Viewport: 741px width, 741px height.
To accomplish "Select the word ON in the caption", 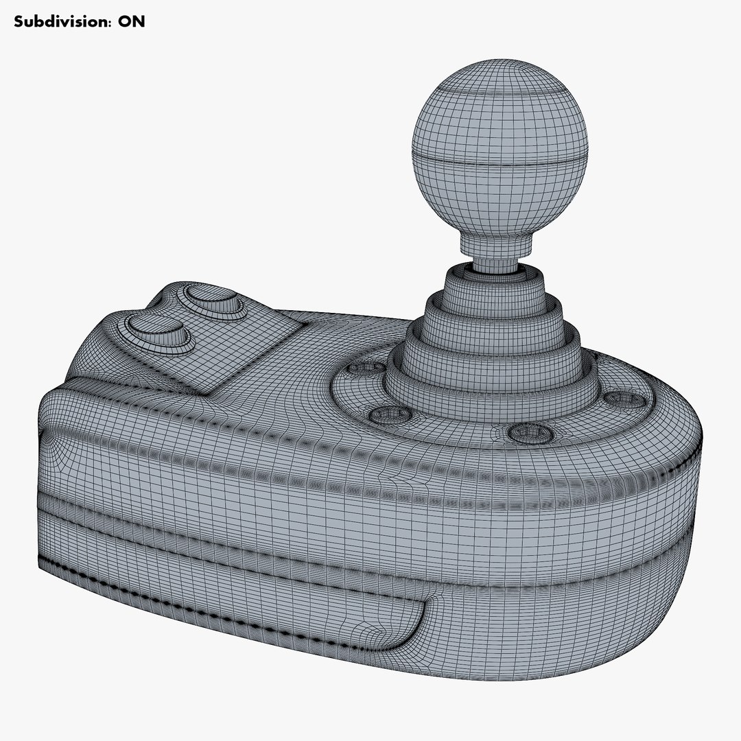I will click(132, 21).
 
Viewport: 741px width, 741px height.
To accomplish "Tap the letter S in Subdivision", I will click(19, 21).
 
